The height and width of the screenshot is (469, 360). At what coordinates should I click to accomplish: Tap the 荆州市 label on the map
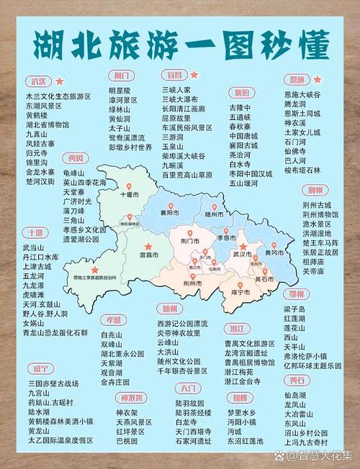191,283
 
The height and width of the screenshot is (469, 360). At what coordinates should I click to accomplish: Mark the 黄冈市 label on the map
274,253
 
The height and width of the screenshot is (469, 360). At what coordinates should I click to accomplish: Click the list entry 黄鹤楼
37,114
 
